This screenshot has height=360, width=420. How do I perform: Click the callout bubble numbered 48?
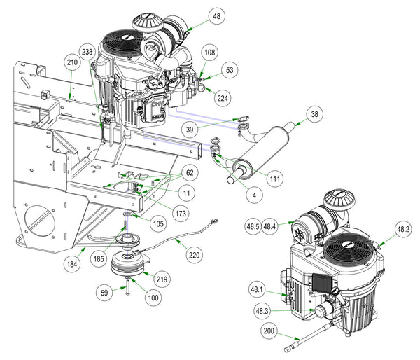[216, 16]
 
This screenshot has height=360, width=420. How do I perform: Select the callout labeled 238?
[87, 53]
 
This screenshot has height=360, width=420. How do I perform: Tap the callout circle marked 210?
[72, 62]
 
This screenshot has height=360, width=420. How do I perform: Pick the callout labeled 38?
[314, 113]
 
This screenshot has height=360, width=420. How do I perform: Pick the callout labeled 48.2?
[404, 228]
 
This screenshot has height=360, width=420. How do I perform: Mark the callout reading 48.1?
[257, 290]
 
